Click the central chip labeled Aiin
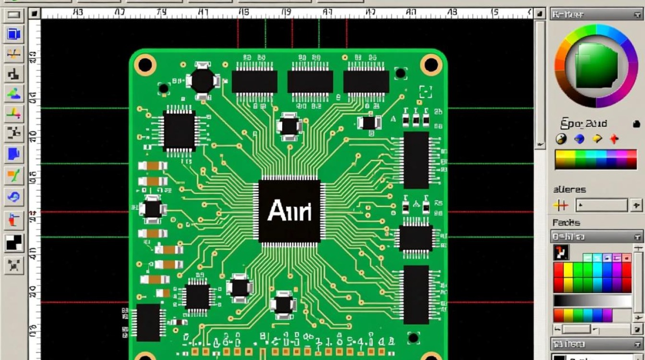point(289,211)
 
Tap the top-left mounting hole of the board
point(145,64)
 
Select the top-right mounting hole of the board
point(431,64)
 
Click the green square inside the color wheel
point(597,66)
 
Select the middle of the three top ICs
point(310,82)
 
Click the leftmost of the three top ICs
point(254,82)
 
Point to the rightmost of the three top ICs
point(366,82)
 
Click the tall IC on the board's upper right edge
point(416,160)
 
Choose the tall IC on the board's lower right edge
point(416,294)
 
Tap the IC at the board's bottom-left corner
point(148,322)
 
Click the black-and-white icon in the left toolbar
point(14,243)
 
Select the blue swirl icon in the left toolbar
point(14,196)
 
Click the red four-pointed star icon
point(614,139)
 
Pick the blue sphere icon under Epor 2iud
point(579,139)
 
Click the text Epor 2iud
point(584,124)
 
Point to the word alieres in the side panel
point(570,189)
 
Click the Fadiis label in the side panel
point(566,222)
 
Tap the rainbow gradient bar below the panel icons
point(596,159)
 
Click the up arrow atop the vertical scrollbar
point(540,14)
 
